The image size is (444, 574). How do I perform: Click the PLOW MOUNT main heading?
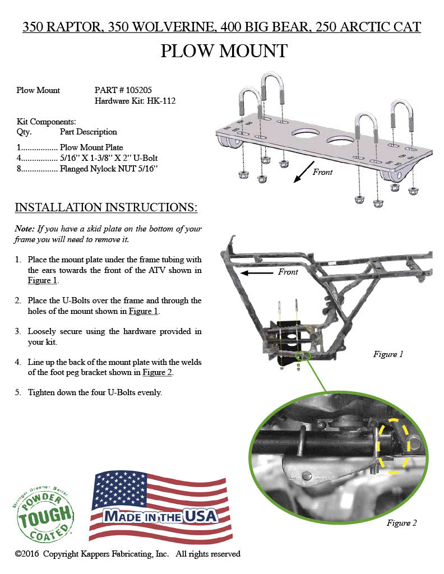(x=224, y=51)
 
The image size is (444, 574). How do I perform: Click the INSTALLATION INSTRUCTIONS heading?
(x=105, y=207)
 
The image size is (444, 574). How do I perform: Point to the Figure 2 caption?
(x=401, y=523)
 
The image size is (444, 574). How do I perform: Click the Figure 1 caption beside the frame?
(x=388, y=354)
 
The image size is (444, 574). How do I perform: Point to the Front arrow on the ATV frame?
(x=259, y=273)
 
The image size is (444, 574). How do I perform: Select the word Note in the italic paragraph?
(x=24, y=229)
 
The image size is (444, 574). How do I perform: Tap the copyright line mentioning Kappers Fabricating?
(x=128, y=554)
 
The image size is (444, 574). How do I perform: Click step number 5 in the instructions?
(x=18, y=392)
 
